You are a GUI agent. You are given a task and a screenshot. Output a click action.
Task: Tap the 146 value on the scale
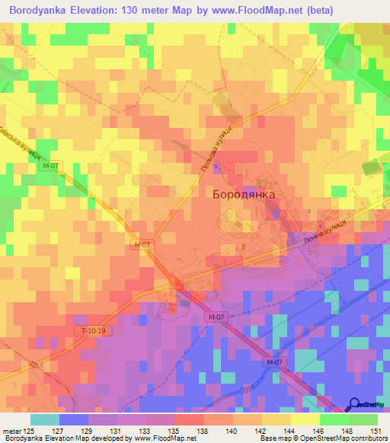click(x=319, y=431)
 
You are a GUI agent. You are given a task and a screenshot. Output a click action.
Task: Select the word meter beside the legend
click(x=11, y=431)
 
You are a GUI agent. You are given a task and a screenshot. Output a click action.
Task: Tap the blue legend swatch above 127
click(x=74, y=419)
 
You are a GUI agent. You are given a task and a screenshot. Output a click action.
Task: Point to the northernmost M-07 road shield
click(x=50, y=166)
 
